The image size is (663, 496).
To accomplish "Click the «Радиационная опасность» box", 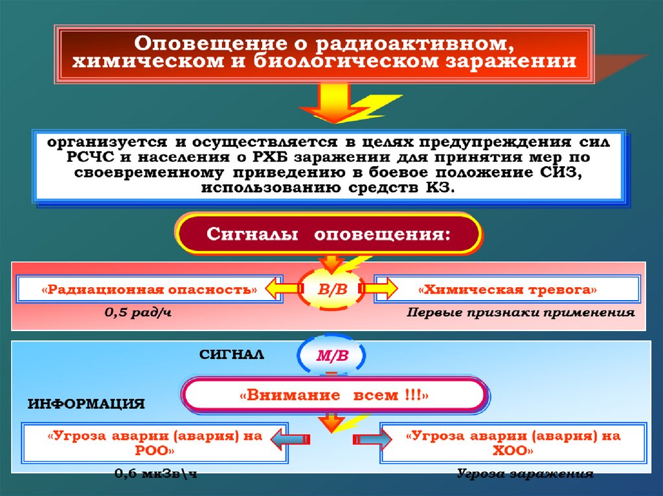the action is pos(140,289).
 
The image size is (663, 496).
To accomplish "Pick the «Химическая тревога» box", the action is pos(508,289).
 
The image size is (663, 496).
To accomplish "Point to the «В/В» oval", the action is pos(331,290).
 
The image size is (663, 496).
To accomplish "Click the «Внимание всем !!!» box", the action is pos(334,394).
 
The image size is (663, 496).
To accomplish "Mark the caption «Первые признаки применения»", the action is pos(521,313).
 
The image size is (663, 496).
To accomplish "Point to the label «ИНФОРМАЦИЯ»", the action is pos(86,404).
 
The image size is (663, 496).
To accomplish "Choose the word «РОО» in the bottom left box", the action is pos(154,449).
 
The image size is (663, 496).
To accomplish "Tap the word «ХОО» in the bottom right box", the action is pos(511,449).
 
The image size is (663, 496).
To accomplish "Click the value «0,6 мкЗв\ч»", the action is pos(155,474).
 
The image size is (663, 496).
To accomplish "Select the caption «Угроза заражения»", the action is pos(524,474).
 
